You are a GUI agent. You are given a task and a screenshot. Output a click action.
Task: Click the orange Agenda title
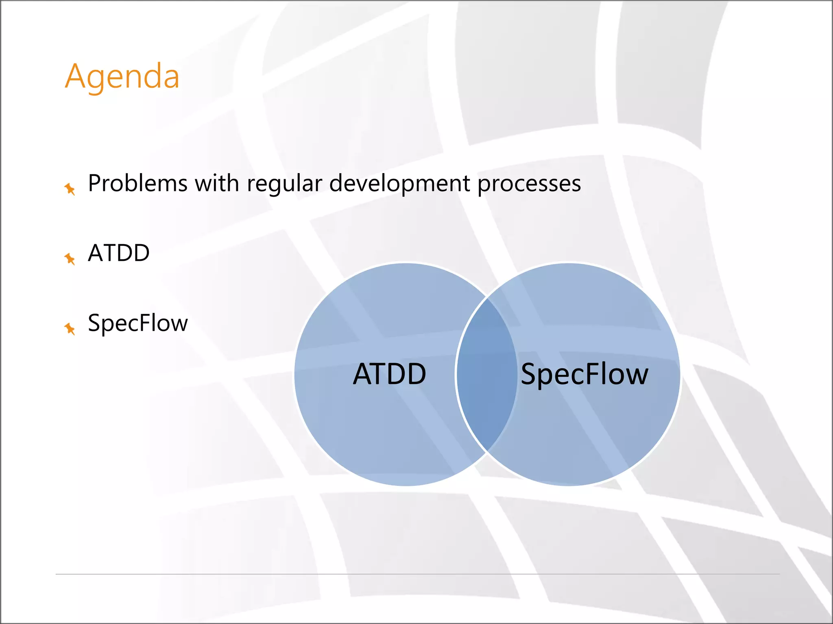122,76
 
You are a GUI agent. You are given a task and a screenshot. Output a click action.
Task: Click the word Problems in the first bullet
137,184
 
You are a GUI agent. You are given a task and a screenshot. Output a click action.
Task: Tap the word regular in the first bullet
284,184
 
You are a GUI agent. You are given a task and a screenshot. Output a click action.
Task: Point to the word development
399,184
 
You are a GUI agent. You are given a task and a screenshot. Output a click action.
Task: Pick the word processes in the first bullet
529,184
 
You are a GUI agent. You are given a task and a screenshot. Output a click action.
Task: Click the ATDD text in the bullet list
119,253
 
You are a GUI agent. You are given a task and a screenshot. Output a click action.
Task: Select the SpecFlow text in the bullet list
138,323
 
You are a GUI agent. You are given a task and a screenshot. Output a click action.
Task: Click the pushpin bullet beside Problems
70,188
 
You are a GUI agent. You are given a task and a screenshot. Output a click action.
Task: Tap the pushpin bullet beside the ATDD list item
70,258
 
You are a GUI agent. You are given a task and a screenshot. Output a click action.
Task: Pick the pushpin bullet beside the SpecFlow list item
70,328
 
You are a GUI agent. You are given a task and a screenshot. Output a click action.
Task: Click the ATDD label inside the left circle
389,374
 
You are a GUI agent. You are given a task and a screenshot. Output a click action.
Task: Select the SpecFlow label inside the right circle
584,374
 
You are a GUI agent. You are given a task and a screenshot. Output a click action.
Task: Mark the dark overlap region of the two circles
486,374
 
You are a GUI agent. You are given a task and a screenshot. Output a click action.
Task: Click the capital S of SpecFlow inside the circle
529,374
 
